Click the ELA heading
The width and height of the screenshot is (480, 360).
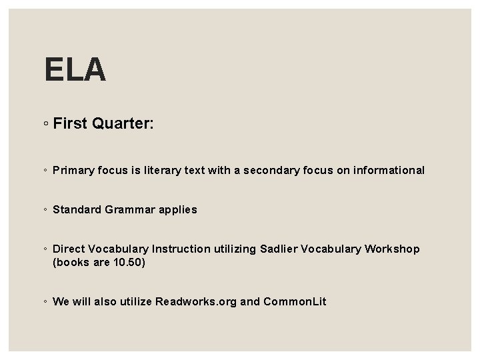click(x=75, y=69)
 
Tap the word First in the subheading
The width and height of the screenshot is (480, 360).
click(x=71, y=123)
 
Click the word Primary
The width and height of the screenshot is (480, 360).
click(x=74, y=170)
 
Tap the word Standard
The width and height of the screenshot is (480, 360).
click(x=77, y=209)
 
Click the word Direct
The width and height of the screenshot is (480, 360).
click(x=69, y=249)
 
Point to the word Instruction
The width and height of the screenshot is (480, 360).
click(x=181, y=249)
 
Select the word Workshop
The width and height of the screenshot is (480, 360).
click(x=392, y=249)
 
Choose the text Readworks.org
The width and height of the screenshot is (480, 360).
click(x=196, y=301)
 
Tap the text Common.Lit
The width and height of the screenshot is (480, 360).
click(x=295, y=301)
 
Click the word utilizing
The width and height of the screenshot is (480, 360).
click(x=234, y=249)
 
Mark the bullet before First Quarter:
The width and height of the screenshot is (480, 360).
click(x=45, y=124)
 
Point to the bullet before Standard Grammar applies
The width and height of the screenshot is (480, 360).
click(x=45, y=209)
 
